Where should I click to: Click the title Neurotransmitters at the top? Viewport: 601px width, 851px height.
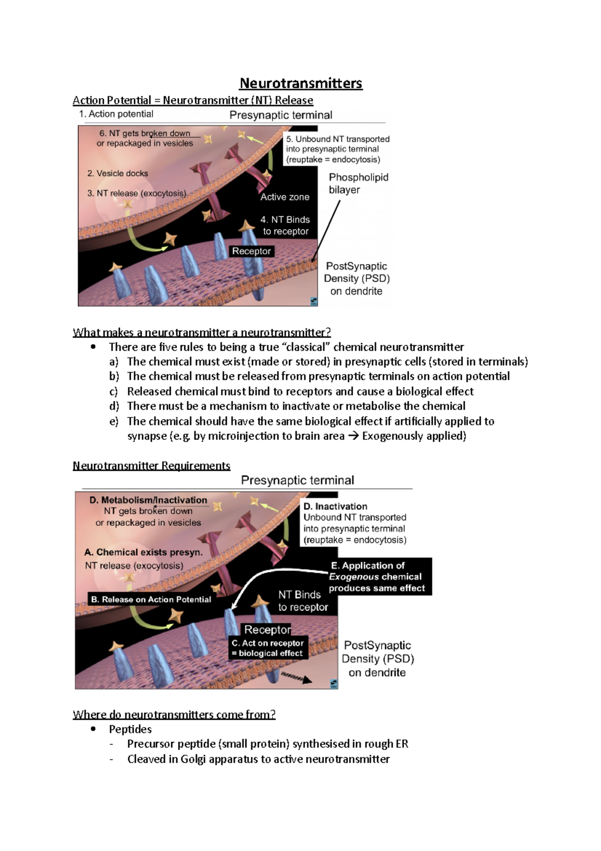(300, 83)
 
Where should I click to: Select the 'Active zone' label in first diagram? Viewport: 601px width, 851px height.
(284, 197)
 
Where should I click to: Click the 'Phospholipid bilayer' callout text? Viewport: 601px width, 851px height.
(358, 183)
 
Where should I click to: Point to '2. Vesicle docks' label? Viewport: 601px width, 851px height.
(118, 173)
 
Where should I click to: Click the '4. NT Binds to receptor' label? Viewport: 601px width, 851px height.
(285, 226)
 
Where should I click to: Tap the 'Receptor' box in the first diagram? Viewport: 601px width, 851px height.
(251, 251)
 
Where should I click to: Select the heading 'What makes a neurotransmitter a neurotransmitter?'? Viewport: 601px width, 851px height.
(202, 332)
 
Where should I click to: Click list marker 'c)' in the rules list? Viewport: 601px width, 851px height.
(114, 391)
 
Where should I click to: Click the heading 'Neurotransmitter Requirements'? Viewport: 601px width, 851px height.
(151, 466)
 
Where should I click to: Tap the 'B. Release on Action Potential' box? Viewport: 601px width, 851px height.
(151, 599)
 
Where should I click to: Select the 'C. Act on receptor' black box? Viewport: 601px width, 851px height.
(267, 648)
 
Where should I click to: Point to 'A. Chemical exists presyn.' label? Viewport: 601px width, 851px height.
(143, 552)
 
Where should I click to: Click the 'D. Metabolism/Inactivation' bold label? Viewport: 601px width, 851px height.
(148, 500)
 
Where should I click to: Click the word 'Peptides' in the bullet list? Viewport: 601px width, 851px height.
(130, 729)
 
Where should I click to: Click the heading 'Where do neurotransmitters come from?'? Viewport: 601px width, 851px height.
(174, 714)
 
